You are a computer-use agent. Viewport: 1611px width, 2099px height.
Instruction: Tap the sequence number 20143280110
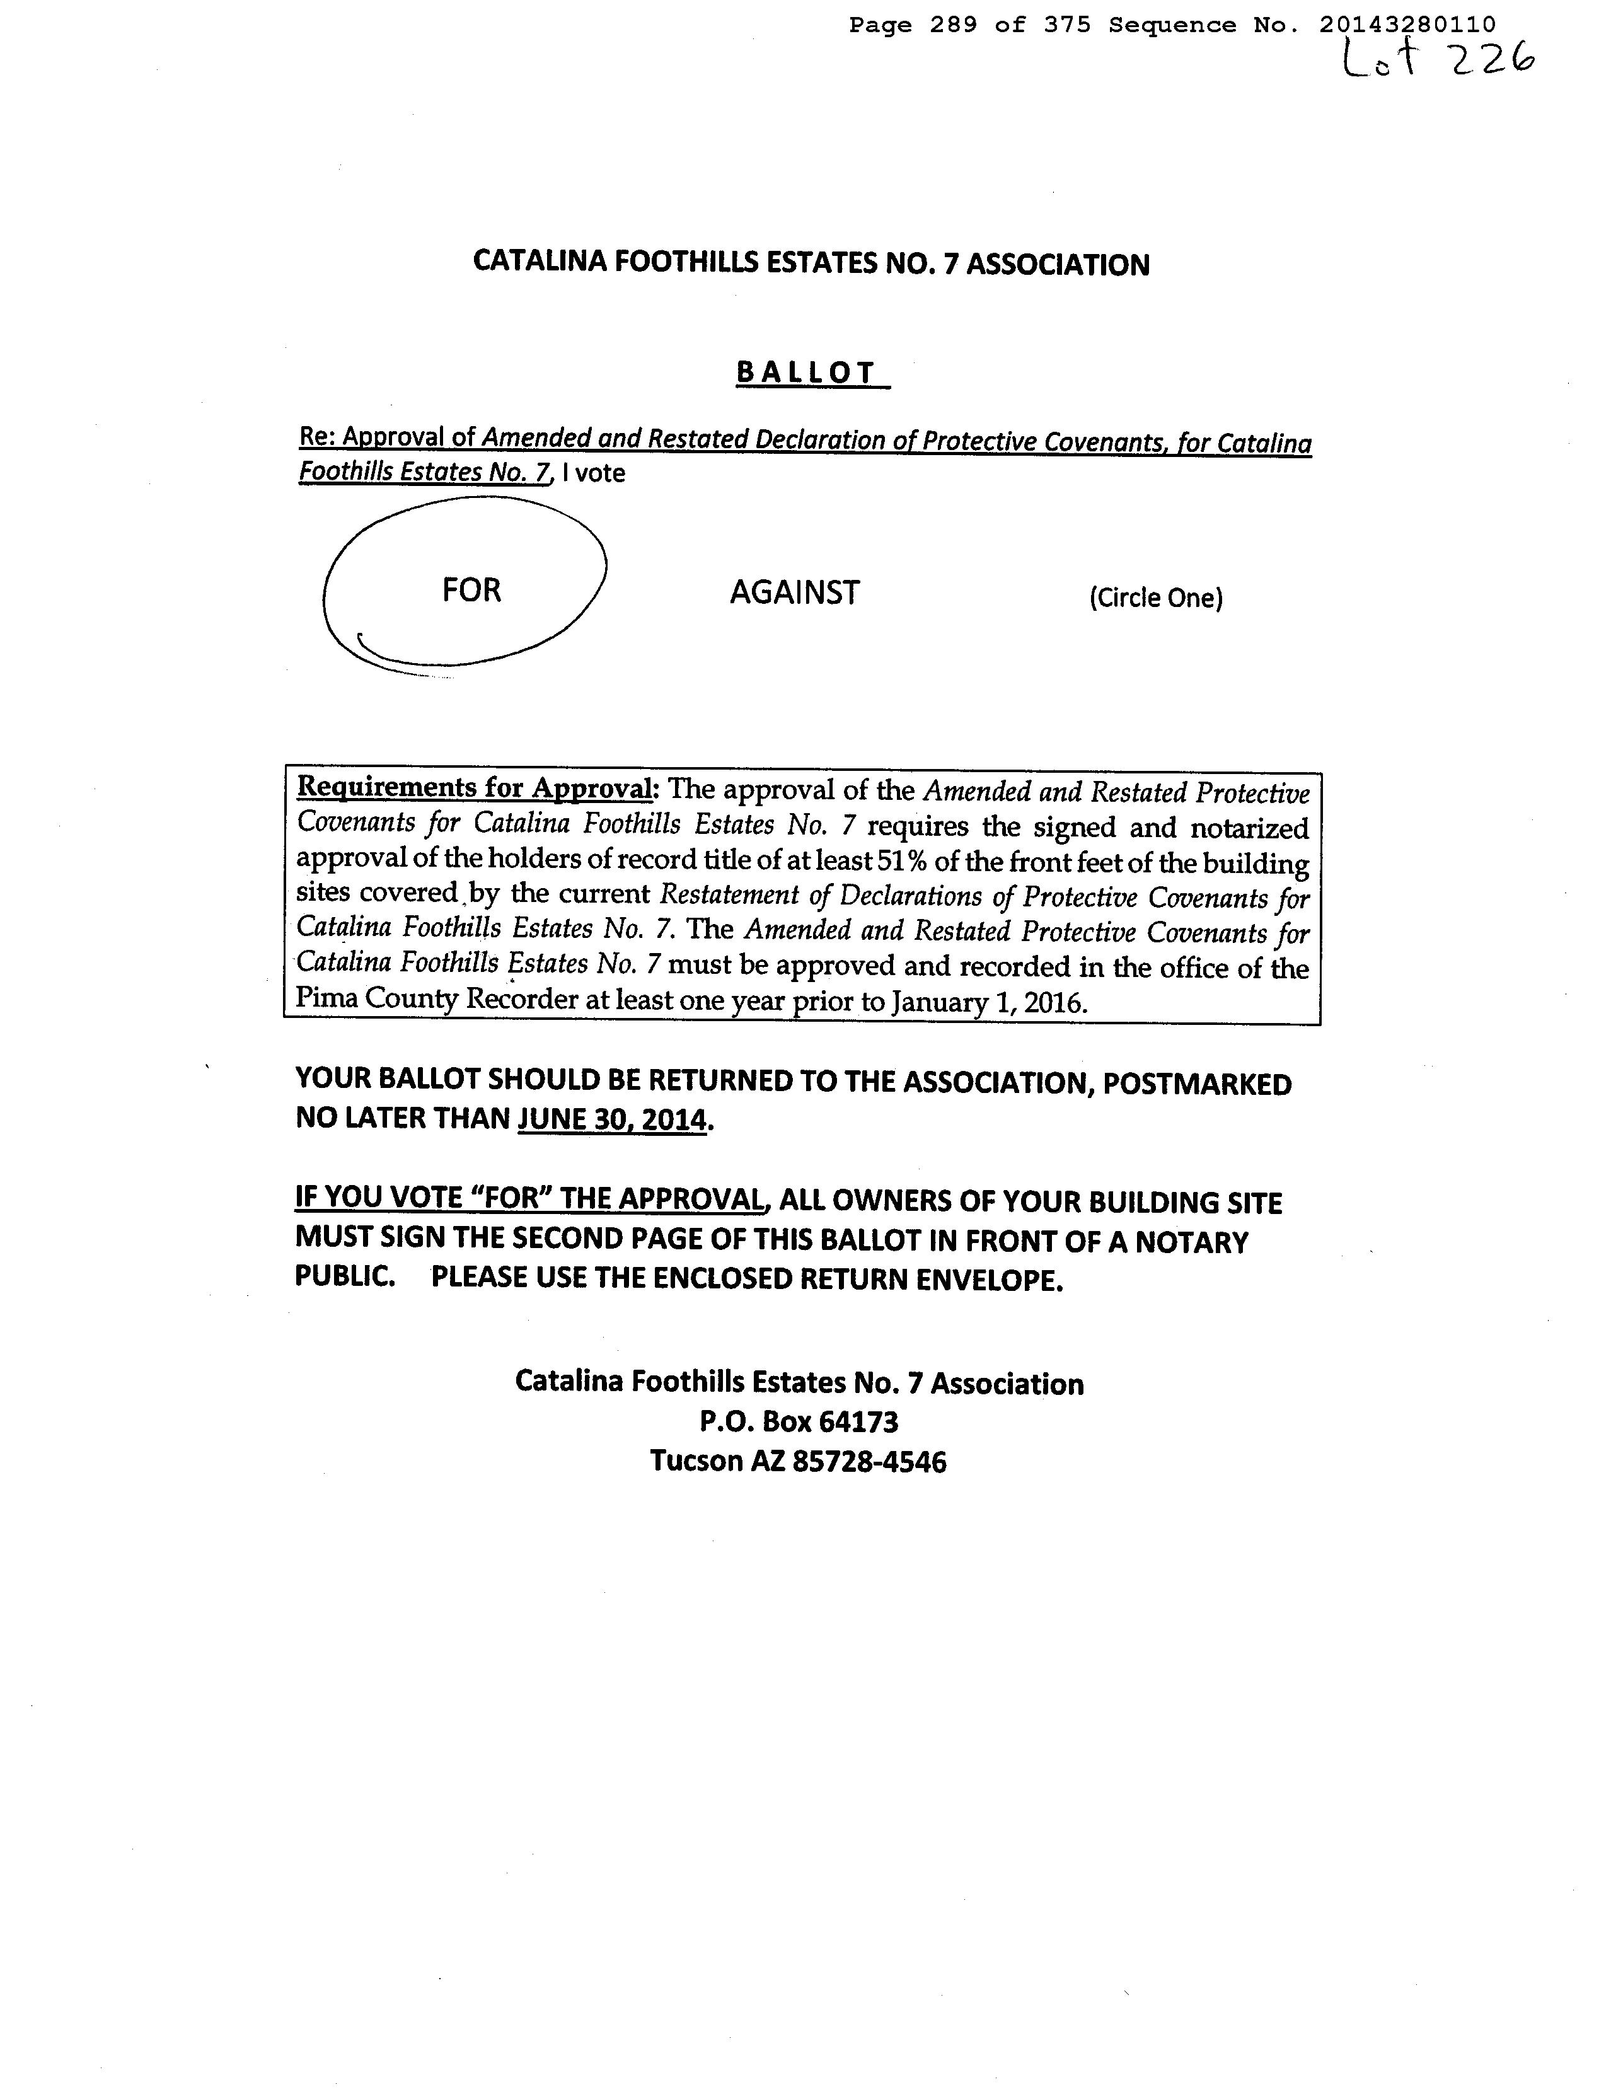tap(1407, 26)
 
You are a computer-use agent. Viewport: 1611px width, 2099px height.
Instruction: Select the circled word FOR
tap(471, 590)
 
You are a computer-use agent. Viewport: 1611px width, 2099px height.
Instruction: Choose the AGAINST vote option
tap(794, 593)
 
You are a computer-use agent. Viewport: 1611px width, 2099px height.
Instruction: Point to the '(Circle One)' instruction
tap(1155, 598)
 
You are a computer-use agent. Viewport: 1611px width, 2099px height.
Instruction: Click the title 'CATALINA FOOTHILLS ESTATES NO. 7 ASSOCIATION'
tap(811, 263)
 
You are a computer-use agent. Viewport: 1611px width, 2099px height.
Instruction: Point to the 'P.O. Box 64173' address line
tap(799, 1421)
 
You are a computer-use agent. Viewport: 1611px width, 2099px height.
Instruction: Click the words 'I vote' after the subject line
tap(594, 473)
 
